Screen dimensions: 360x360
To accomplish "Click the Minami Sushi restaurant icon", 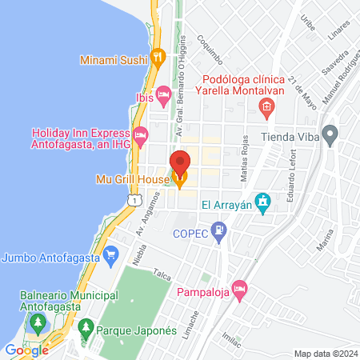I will [158, 57].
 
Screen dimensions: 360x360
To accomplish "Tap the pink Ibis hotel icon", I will [163, 97].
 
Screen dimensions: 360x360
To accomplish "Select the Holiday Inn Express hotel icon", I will [141, 134].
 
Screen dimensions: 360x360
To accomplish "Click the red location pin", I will [180, 163].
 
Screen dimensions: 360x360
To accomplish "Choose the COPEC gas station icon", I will [221, 230].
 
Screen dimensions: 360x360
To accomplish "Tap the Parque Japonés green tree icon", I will [86, 326].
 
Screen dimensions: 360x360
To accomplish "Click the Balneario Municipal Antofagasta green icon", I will [36, 323].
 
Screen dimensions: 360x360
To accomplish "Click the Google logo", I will [26, 350].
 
